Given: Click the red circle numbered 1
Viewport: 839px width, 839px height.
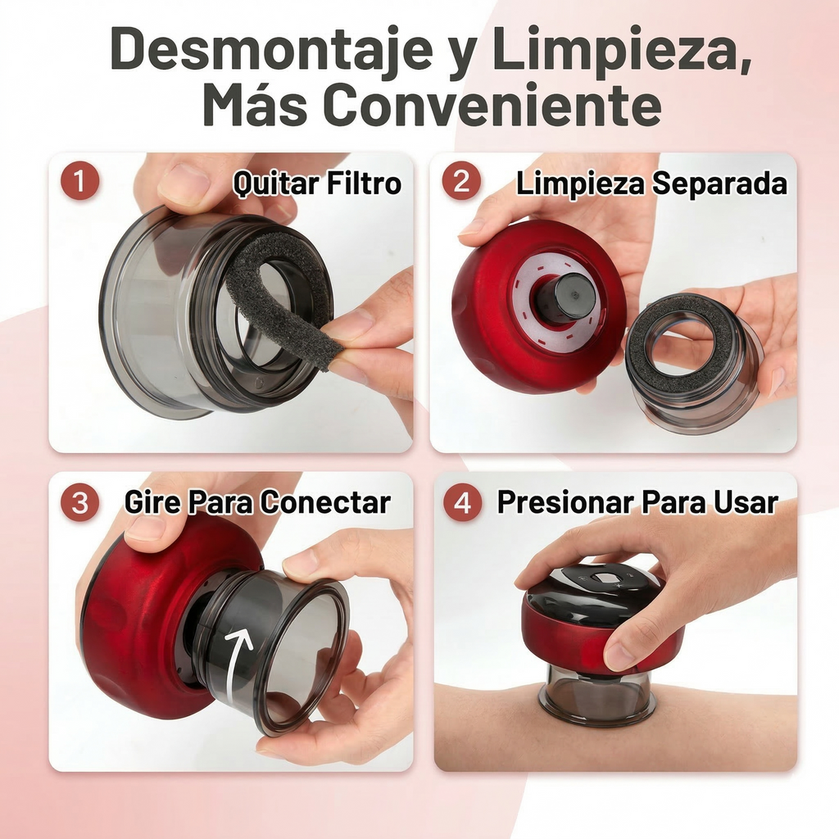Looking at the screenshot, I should (x=79, y=182).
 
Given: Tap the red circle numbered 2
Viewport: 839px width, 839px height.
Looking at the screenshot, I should (x=461, y=182).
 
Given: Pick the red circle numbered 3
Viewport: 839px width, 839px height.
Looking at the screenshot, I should (x=79, y=502).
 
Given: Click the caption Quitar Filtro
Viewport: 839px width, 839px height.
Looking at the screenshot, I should (x=317, y=184).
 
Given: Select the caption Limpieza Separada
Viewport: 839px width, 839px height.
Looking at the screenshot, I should (x=651, y=184).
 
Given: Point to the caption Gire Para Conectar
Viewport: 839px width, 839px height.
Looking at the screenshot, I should (x=256, y=502).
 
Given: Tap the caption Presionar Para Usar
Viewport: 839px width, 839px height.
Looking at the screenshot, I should (x=637, y=502).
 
